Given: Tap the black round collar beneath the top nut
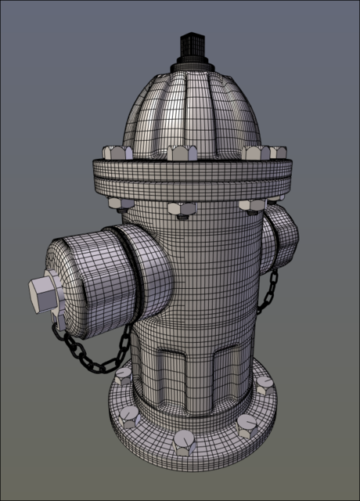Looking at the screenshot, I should click(190, 64).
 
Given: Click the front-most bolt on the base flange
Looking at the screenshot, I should click(184, 442).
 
